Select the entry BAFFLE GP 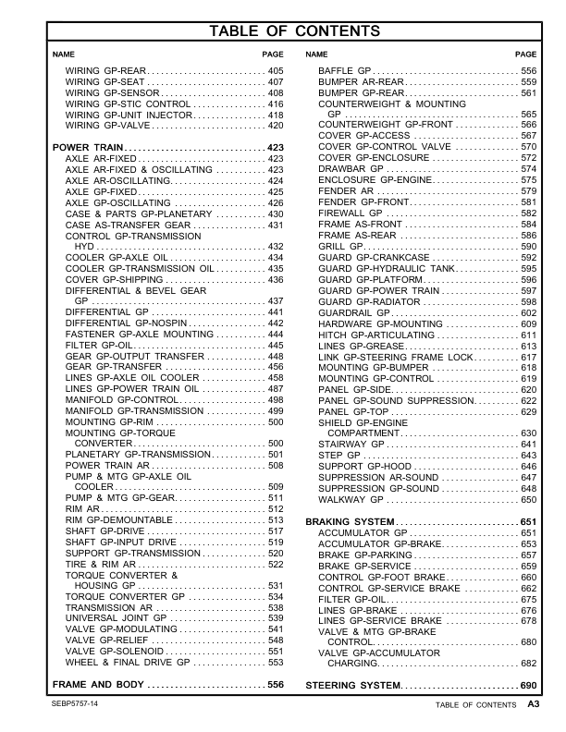point(345,71)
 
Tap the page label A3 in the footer point(534,704)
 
